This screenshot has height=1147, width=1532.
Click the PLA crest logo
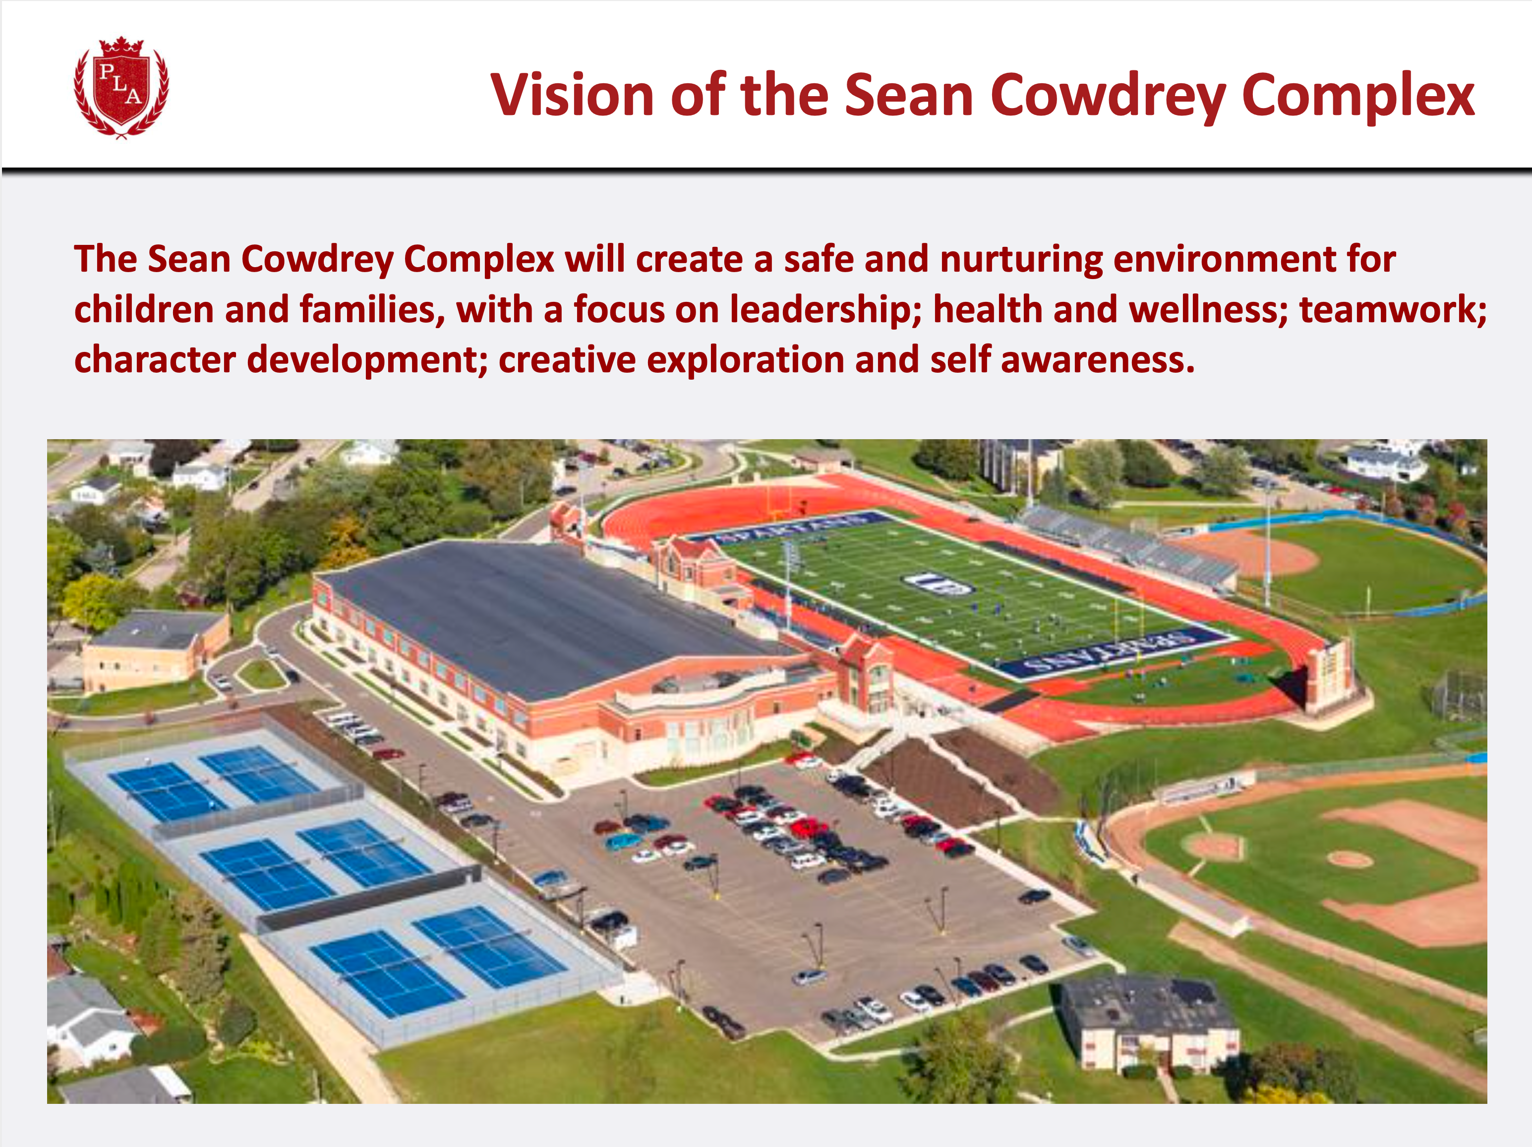pyautogui.click(x=121, y=87)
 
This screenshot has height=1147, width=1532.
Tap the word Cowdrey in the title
pyautogui.click(x=1108, y=96)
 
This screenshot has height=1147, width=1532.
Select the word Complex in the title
pyautogui.click(x=1357, y=96)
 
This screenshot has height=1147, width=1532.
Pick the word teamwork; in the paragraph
pyautogui.click(x=1393, y=310)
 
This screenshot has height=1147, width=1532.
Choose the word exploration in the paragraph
pyautogui.click(x=745, y=360)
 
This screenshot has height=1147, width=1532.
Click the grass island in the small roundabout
pyautogui.click(x=261, y=673)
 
